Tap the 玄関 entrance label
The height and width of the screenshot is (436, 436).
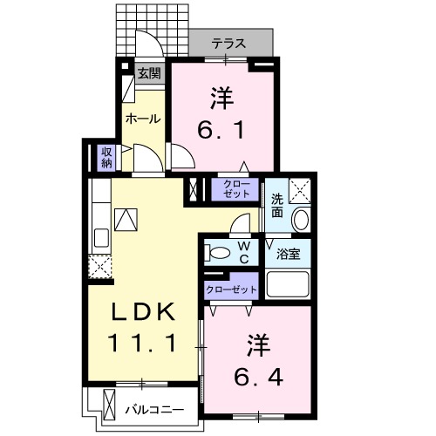[x=148, y=74]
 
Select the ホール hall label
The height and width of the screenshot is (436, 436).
[x=142, y=118]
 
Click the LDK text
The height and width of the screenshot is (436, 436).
[x=145, y=311]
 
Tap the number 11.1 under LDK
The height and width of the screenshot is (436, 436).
[x=145, y=343]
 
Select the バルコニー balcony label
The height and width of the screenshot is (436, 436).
[x=153, y=407]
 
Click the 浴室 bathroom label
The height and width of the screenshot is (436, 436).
[x=289, y=254]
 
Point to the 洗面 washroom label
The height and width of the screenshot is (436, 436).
[x=276, y=204]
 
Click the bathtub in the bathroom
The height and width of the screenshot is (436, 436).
[x=288, y=284]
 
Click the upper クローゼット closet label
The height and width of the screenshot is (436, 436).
[x=236, y=188]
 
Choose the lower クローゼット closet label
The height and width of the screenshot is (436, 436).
[x=232, y=289]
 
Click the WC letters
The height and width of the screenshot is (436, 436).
[x=245, y=253]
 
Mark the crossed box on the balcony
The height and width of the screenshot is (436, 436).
[x=110, y=405]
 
